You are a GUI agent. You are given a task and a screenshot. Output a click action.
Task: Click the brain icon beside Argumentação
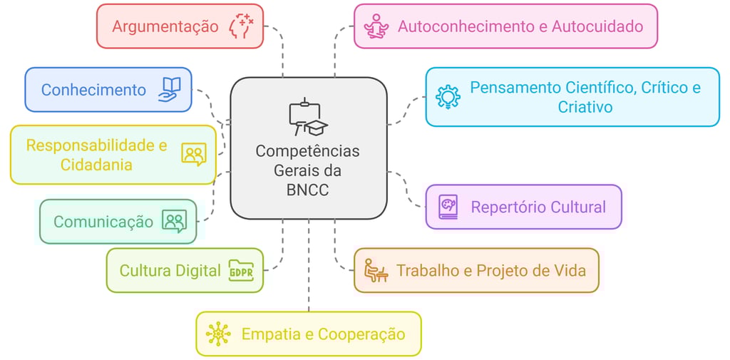pyautogui.click(x=241, y=26)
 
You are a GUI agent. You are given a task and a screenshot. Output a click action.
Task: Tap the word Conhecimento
pyautogui.click(x=93, y=90)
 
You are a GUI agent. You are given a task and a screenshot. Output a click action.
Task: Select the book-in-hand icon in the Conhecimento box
pyautogui.click(x=170, y=90)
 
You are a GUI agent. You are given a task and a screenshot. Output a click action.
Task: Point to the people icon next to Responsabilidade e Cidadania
pyautogui.click(x=193, y=154)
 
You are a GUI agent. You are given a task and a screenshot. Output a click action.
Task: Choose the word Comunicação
pyautogui.click(x=103, y=222)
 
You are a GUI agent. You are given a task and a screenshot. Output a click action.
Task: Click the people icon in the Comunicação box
pyautogui.click(x=174, y=221)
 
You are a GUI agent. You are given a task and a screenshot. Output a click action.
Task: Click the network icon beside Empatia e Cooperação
pyautogui.click(x=218, y=334)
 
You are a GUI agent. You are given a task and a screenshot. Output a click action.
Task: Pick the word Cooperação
pyautogui.click(x=361, y=334)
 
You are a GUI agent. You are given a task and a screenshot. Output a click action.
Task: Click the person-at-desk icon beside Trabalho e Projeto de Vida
pyautogui.click(x=375, y=270)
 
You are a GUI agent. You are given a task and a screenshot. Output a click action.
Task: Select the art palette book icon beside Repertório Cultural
pyautogui.click(x=448, y=207)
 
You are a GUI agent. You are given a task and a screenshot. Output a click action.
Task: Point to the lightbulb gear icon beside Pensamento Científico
pyautogui.click(x=448, y=96)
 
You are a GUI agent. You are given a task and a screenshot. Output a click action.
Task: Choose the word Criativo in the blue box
pyautogui.click(x=585, y=108)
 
